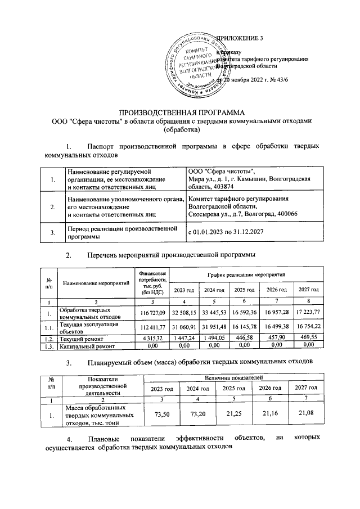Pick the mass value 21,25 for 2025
tap(232, 416)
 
